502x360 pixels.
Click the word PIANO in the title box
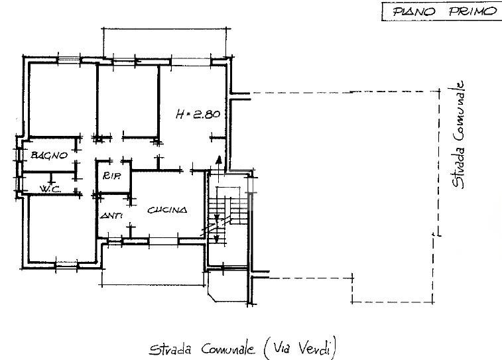[x=414, y=12]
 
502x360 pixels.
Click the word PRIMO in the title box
[x=472, y=11]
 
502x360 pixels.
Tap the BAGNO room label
[x=49, y=156]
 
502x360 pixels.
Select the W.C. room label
[x=50, y=189]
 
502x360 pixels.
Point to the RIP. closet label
[x=111, y=176]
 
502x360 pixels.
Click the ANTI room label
[x=111, y=216]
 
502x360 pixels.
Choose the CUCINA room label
[x=167, y=210]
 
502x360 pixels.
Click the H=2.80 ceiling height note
[x=198, y=114]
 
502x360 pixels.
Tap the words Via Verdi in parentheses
[x=300, y=348]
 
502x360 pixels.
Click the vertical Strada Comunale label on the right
[x=458, y=135]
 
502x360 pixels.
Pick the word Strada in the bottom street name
[x=170, y=349]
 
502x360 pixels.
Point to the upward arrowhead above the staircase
[x=219, y=160]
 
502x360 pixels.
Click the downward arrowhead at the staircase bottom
[x=217, y=239]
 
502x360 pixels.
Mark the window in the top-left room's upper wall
[x=68, y=60]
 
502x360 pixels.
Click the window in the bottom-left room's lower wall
[x=66, y=265]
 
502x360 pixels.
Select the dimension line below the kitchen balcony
[x=153, y=284]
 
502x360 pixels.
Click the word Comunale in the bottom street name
[x=228, y=349]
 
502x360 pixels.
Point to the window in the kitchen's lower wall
[x=164, y=241]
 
